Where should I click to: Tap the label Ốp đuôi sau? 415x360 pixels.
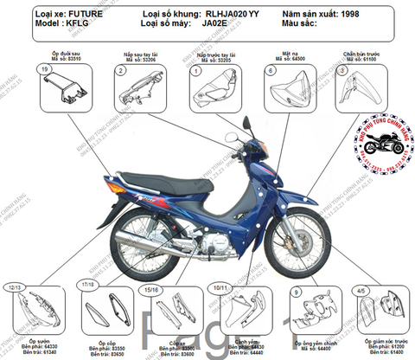61,54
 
